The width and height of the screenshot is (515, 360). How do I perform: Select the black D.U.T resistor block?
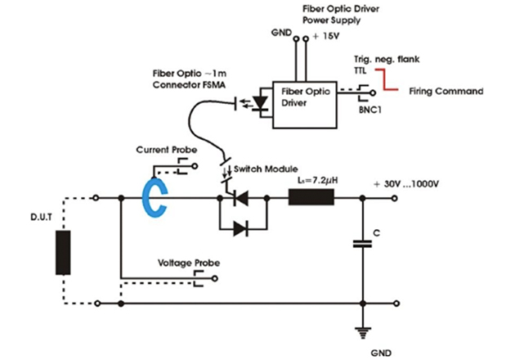61,252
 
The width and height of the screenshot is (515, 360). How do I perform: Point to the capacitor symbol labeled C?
361,244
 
